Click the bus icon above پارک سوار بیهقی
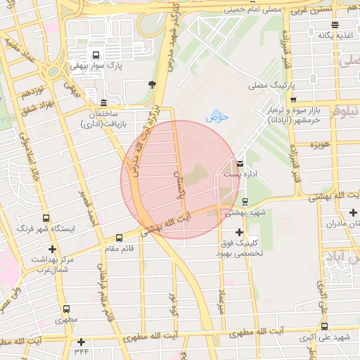96,55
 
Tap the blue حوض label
214,117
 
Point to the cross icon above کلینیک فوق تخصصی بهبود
240,232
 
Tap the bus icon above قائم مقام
119,238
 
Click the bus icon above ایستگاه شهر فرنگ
46,219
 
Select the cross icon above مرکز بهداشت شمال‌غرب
53,249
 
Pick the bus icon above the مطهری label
66,308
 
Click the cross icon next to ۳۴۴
81,342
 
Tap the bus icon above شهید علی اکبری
324,326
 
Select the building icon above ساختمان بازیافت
104,103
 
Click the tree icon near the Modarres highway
153,84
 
